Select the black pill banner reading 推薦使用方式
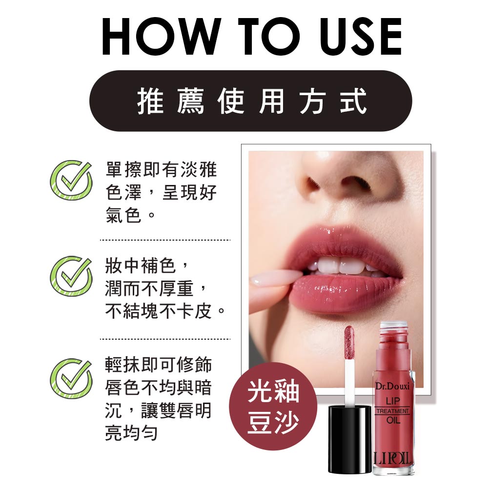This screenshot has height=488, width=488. [x=250, y=101]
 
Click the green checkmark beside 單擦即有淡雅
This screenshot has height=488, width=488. [x=71, y=180]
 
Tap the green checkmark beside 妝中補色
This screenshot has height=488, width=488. [x=71, y=276]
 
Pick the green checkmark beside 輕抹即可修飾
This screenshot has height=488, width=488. [x=71, y=378]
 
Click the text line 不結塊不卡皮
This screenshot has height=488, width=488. [x=165, y=310]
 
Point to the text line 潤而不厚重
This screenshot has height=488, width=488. [x=155, y=287]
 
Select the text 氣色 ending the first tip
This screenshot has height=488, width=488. [x=123, y=214]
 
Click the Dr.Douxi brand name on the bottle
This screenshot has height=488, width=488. [x=392, y=386]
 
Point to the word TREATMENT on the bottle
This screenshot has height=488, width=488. [x=392, y=411]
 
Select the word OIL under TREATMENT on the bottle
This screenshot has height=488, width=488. [x=393, y=420]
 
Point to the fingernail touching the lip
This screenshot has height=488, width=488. [x=261, y=281]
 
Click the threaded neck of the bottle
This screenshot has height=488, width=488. [x=393, y=328]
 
